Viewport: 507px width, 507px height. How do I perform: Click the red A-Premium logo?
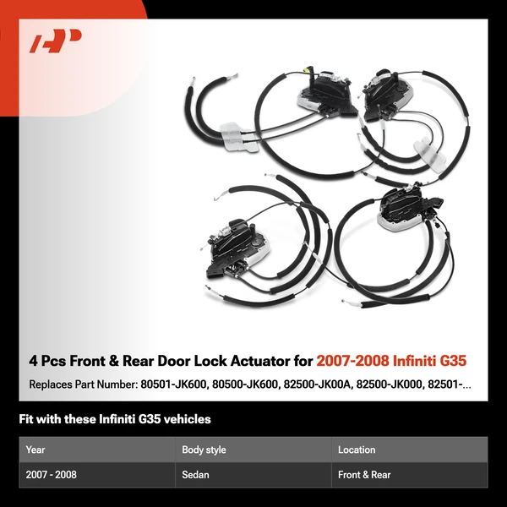point(55,41)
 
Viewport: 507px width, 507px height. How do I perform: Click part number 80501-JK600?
point(173,384)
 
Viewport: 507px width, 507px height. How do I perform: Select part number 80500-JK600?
point(245,384)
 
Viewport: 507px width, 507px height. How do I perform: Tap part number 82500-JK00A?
point(317,384)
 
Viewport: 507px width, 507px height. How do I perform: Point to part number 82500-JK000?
point(389,384)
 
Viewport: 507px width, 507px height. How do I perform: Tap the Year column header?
point(35,450)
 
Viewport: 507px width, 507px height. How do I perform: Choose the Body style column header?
point(204,450)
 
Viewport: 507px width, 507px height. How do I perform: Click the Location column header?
point(357,450)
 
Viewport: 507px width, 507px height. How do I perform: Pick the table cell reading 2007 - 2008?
point(51,475)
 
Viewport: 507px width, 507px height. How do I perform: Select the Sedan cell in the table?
point(195,475)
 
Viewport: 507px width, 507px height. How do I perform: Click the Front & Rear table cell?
point(364,475)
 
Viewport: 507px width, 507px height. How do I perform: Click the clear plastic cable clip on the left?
point(238,137)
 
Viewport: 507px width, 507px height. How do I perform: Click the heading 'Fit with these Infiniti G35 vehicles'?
point(115,419)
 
